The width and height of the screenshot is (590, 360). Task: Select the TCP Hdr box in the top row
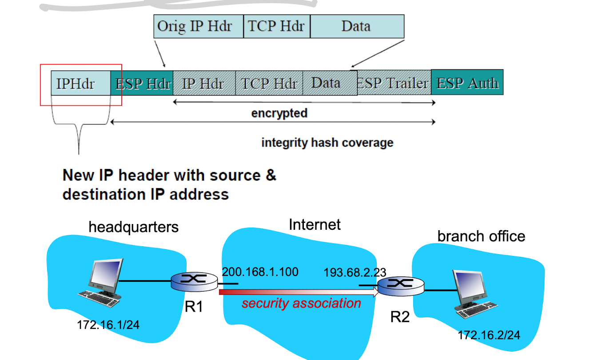276,26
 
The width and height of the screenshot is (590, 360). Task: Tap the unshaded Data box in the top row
357,26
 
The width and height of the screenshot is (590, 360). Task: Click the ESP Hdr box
142,83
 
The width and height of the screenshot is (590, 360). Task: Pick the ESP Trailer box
394,83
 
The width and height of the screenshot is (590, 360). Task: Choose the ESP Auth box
467,82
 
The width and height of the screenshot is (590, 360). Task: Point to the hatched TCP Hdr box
269,83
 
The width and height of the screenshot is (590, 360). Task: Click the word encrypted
279,113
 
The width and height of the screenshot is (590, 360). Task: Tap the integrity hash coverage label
327,143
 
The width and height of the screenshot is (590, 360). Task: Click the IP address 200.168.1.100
260,272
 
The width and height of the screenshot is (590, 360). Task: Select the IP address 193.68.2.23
355,272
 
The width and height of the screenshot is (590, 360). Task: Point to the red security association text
301,304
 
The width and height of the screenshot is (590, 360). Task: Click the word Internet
315,224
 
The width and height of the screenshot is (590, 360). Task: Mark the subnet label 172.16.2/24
489,335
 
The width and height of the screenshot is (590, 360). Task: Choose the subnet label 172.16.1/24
108,325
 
